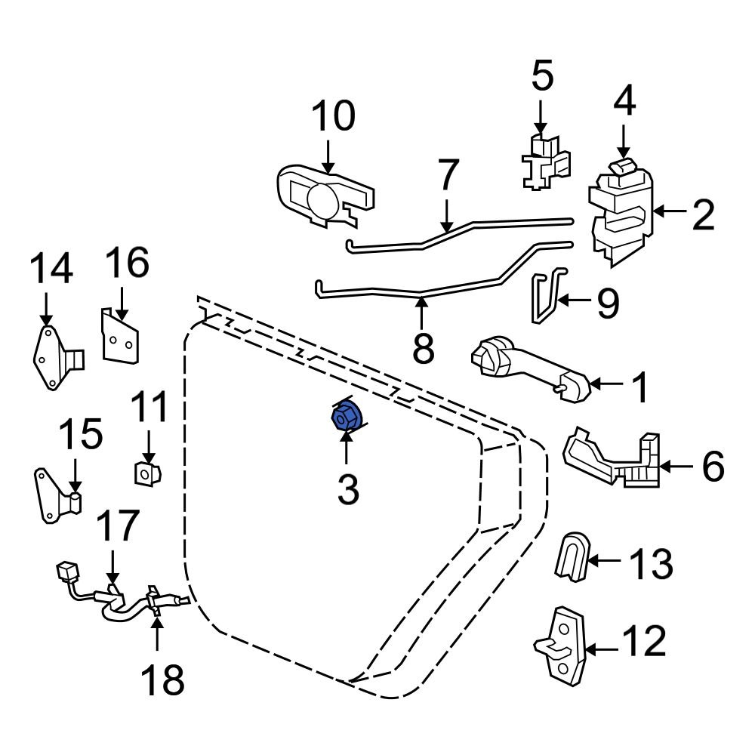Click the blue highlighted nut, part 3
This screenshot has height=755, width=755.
[347, 417]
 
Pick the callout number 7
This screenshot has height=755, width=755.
[448, 175]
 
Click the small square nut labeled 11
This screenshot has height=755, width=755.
[145, 473]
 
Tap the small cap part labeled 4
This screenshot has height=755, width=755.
[622, 168]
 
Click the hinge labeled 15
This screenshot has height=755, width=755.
[56, 495]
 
